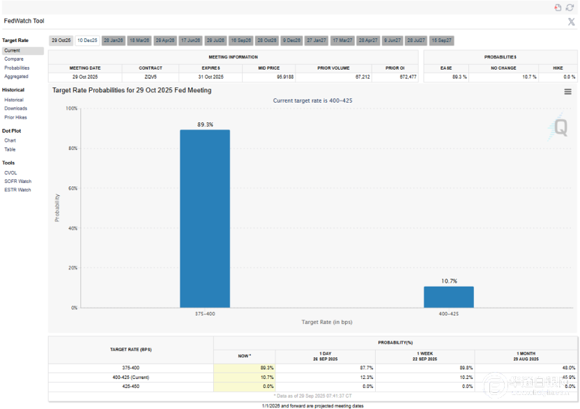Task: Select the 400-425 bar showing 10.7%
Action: point(448,297)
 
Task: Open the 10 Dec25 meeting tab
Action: point(88,40)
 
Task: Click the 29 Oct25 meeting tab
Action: point(61,40)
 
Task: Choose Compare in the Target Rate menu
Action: point(14,59)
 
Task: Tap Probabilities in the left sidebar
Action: point(17,68)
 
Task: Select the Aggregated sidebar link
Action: point(16,76)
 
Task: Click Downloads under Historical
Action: point(15,108)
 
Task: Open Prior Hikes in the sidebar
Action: point(16,117)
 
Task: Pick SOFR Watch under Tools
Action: point(17,181)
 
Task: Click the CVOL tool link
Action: point(10,172)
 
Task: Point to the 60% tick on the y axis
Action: point(71,188)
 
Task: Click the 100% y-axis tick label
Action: point(70,108)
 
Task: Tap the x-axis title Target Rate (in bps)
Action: point(326,322)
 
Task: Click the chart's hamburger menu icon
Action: point(568,91)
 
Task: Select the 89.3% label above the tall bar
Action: point(204,124)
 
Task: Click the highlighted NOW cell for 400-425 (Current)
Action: point(245,377)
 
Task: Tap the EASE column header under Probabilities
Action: point(447,68)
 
